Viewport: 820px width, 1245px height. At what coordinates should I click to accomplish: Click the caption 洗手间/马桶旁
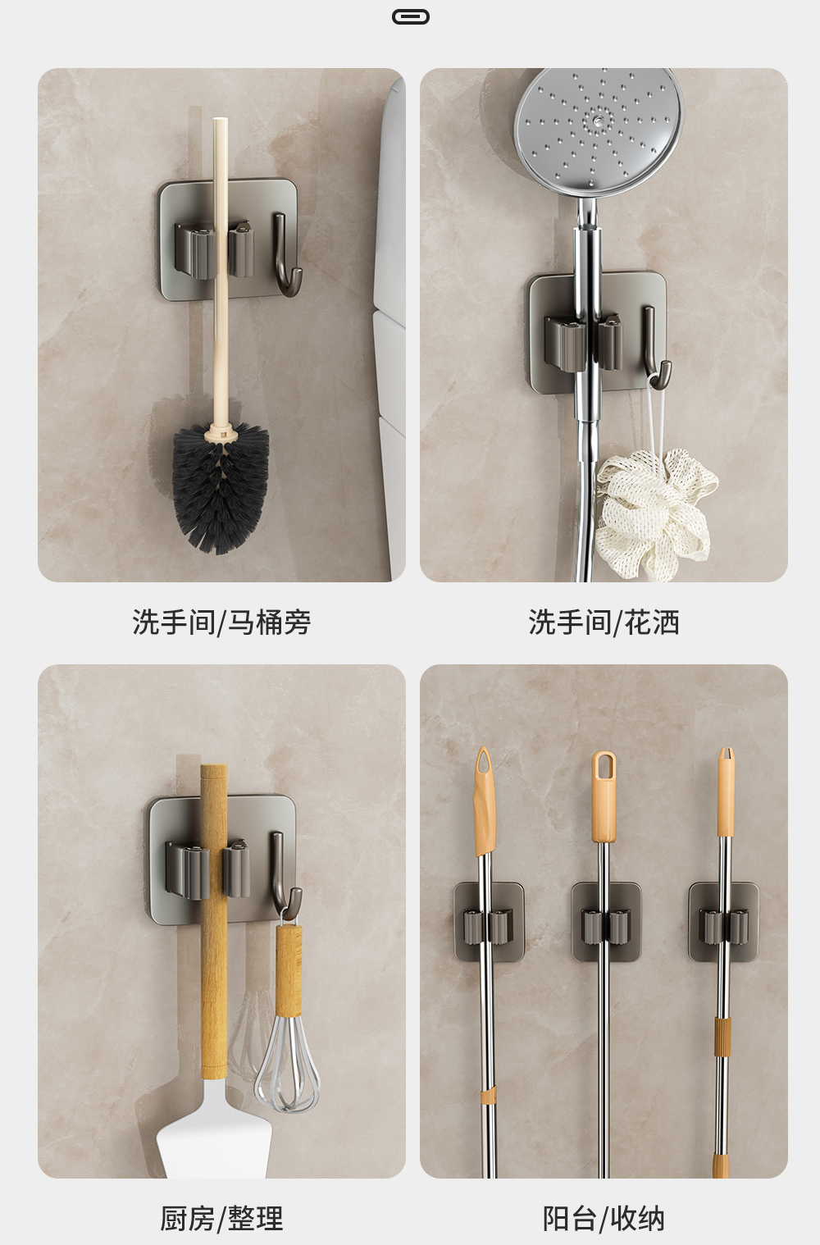[221, 622]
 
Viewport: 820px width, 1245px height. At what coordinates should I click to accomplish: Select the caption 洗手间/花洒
[604, 622]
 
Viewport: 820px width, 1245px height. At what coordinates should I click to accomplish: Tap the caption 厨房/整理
[221, 1219]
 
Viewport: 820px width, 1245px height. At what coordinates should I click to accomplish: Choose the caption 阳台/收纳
[604, 1219]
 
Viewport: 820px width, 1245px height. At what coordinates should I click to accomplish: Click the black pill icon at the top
[411, 16]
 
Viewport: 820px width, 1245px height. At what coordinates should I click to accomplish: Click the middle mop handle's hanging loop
[604, 766]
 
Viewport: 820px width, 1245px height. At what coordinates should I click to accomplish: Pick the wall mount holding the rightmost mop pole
[723, 923]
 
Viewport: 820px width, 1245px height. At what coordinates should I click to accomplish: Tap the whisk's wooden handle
[289, 970]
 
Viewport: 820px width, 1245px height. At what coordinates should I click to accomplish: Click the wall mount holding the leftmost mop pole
[489, 923]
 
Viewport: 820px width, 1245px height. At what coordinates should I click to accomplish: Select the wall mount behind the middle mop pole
[606, 923]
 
